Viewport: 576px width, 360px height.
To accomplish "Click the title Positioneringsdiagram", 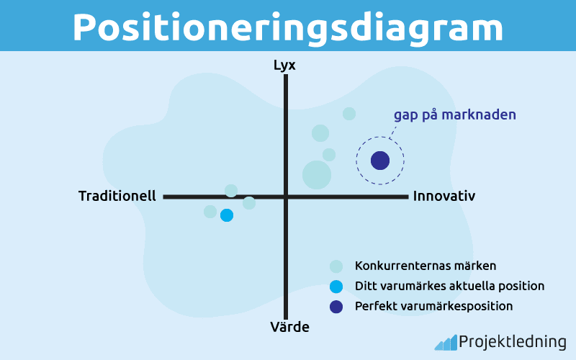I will pyautogui.click(x=287, y=27).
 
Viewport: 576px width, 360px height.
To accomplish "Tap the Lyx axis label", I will pyautogui.click(x=284, y=66).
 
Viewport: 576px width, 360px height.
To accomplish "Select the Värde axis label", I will pyautogui.click(x=289, y=327).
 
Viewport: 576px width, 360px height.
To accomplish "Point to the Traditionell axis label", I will pyautogui.click(x=117, y=196).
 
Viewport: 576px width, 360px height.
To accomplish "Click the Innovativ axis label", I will pyautogui.click(x=444, y=196).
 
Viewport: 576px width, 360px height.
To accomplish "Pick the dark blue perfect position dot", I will pyautogui.click(x=380, y=161).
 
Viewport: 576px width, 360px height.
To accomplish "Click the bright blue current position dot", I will pyautogui.click(x=227, y=215).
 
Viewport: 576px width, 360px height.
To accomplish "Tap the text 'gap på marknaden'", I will pyautogui.click(x=454, y=115).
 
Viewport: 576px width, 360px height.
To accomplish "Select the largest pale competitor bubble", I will pyautogui.click(x=317, y=174).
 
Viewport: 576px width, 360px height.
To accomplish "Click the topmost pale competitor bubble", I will pyautogui.click(x=349, y=113).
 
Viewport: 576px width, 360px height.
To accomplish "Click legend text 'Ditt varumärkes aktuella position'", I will pyautogui.click(x=449, y=286).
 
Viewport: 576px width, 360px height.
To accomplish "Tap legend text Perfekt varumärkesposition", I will pyautogui.click(x=433, y=306).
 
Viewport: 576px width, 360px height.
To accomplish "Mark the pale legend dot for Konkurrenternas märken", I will pyautogui.click(x=336, y=266).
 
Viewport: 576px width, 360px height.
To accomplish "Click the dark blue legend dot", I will pyautogui.click(x=336, y=307).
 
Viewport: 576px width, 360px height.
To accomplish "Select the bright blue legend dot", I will pyautogui.click(x=336, y=286).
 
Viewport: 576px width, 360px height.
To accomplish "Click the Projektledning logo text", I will pyautogui.click(x=512, y=342).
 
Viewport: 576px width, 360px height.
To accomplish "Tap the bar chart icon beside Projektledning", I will pyautogui.click(x=445, y=343).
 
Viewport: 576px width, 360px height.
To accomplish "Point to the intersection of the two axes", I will pyautogui.click(x=286, y=196).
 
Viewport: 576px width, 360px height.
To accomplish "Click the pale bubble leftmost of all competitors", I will pyautogui.click(x=210, y=212).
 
